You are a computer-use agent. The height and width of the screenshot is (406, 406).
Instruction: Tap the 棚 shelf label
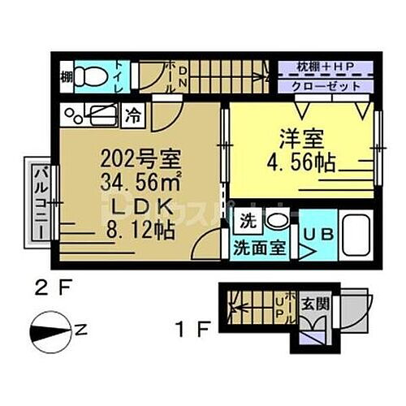65,78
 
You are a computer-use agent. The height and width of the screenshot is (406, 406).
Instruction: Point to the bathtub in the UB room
356,235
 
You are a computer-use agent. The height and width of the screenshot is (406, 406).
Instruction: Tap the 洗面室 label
261,248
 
